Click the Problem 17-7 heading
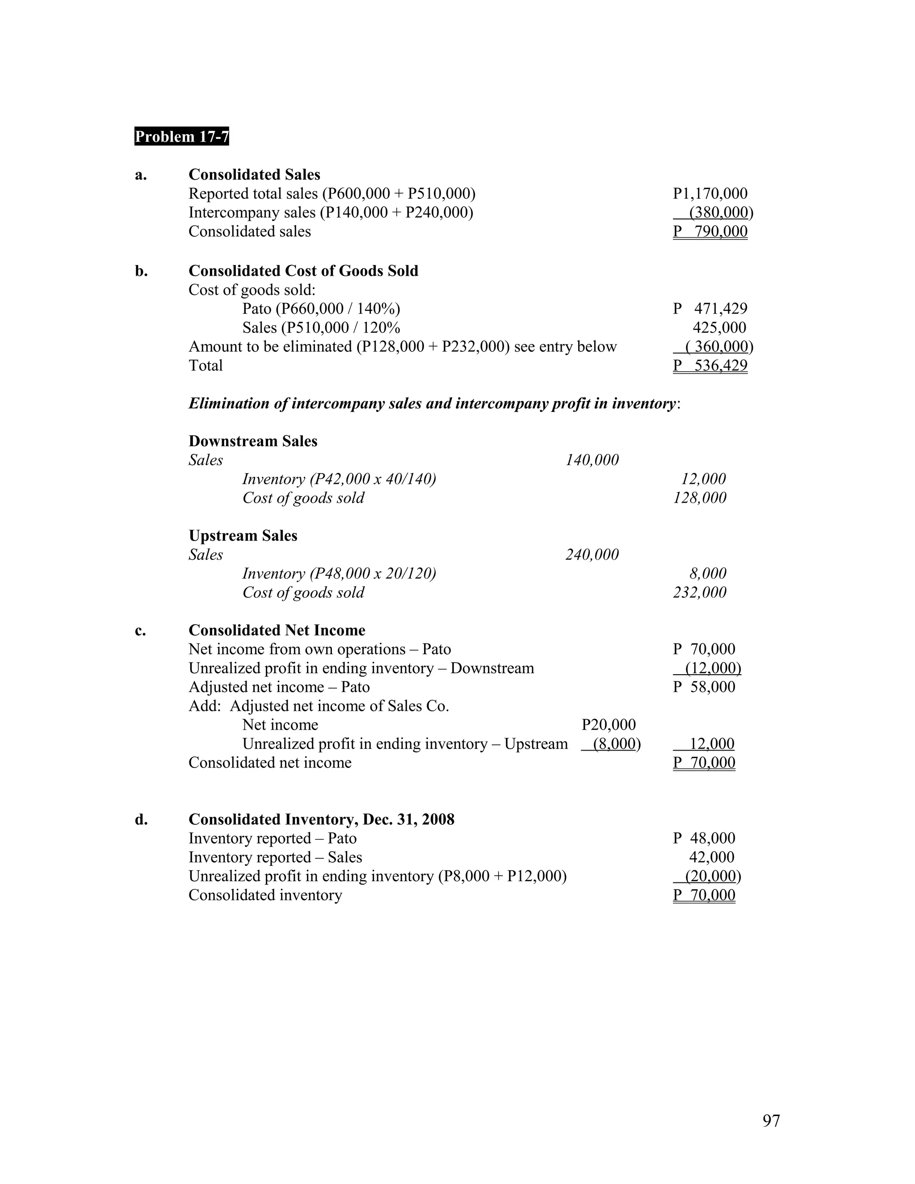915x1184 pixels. [x=181, y=136]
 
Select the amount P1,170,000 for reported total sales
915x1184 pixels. [x=710, y=193]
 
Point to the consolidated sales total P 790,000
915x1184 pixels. [x=710, y=231]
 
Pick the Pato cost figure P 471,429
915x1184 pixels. [x=710, y=308]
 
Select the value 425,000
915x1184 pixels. [x=719, y=327]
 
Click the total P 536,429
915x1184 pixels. [x=710, y=365]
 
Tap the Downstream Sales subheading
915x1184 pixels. [x=252, y=441]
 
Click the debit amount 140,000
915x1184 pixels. [x=592, y=460]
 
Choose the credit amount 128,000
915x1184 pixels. [x=700, y=498]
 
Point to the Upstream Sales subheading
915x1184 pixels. [x=243, y=536]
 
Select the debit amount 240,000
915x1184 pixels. [x=592, y=554]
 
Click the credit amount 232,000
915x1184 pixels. [x=700, y=592]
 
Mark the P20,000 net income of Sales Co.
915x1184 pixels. [x=608, y=725]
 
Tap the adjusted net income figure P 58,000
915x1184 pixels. [x=704, y=687]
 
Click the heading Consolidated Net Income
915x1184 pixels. [x=277, y=630]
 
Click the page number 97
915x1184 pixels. [x=771, y=1121]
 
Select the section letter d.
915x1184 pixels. [x=141, y=819]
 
